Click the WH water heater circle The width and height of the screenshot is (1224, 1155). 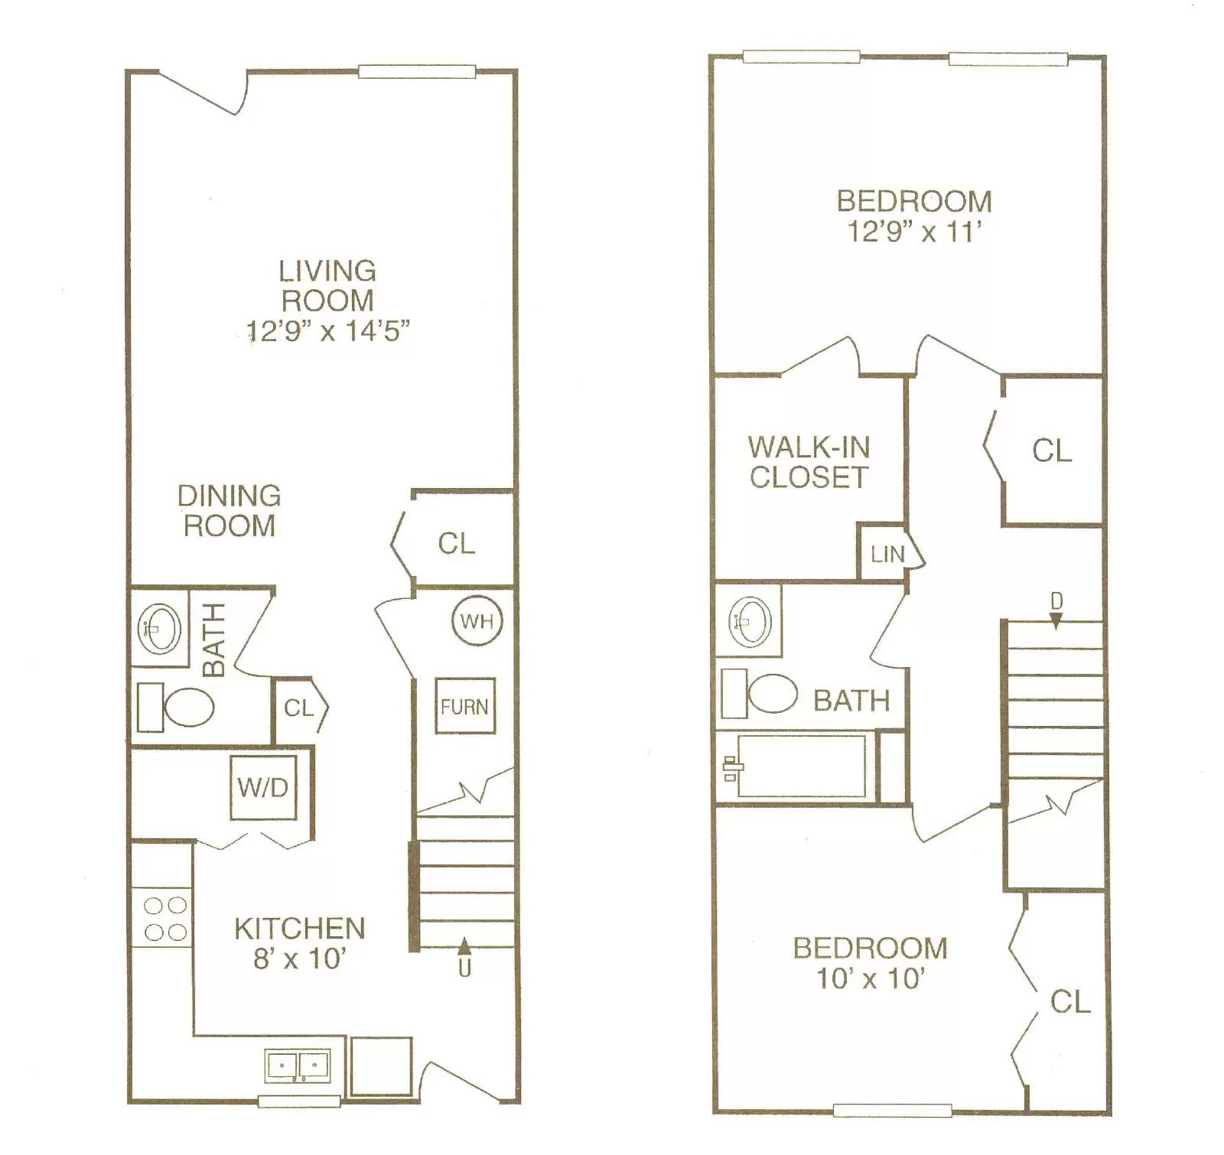(x=477, y=620)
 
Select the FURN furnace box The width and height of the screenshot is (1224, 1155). (x=464, y=706)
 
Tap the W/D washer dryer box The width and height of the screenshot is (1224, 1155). (x=263, y=787)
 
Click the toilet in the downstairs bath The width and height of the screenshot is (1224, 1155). (x=178, y=707)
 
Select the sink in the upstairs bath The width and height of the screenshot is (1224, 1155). (x=750, y=620)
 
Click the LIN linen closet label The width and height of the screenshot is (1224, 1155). (x=887, y=554)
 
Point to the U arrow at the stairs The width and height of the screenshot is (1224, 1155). (x=464, y=956)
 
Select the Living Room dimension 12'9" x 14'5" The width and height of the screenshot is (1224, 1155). (x=327, y=331)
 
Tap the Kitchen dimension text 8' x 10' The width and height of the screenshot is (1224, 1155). (x=300, y=958)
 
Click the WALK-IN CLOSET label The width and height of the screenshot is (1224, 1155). (x=809, y=462)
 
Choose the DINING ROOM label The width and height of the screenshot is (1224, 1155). (x=229, y=511)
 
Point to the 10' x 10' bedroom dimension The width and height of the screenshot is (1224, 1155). (x=871, y=978)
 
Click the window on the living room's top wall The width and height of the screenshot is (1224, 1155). (x=417, y=72)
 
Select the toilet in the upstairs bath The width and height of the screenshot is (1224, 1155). (x=762, y=694)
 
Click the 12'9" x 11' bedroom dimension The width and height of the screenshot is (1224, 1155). (x=914, y=231)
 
